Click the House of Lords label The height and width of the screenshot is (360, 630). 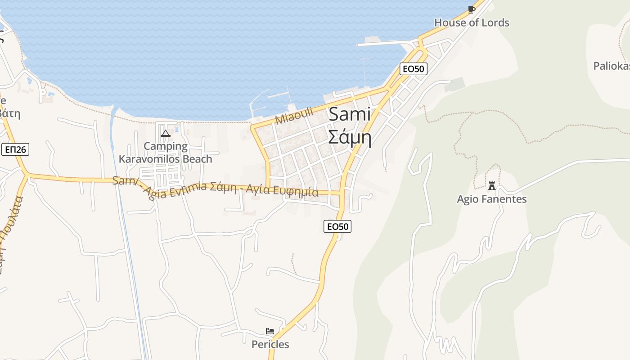471,22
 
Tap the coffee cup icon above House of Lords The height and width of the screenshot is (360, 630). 471,9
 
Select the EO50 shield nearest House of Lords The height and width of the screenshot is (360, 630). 413,69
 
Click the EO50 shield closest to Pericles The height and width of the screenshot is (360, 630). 337,226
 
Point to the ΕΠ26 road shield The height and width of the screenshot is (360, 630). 15,149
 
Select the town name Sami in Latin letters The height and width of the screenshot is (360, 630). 350,114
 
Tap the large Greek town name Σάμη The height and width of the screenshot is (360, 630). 350,137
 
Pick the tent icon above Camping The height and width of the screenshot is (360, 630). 166,133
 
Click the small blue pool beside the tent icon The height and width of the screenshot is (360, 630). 176,130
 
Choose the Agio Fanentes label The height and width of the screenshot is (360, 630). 491,199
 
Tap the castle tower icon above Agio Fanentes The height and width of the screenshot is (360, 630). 491,185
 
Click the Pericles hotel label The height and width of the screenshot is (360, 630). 270,344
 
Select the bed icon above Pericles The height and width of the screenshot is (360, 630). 270,331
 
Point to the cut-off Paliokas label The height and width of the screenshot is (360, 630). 611,66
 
